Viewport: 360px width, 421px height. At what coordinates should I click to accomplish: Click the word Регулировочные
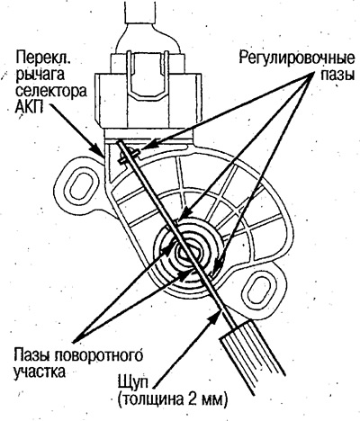tap(297, 58)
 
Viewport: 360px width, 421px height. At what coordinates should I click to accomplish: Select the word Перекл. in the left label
tap(43, 57)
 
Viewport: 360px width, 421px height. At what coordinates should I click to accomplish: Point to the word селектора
tap(51, 91)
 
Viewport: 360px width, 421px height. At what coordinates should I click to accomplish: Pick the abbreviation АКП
tap(29, 106)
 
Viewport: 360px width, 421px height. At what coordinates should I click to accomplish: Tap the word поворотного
tap(99, 356)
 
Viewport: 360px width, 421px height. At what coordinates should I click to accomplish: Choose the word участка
tap(40, 372)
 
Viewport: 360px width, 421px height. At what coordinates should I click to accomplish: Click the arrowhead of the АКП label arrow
tap(100, 150)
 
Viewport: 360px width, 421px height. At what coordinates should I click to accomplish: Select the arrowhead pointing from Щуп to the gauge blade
tap(215, 318)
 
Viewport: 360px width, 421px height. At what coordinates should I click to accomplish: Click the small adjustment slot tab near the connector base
tap(129, 157)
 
